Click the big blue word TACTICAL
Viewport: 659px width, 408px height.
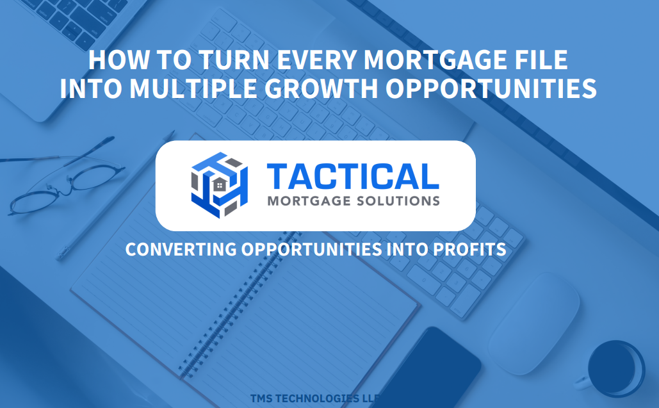[353, 177]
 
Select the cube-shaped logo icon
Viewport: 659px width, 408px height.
[220, 185]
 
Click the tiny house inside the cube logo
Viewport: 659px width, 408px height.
[219, 184]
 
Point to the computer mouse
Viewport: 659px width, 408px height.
[535, 322]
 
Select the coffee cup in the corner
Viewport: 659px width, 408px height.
[615, 369]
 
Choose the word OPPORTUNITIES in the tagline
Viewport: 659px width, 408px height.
[311, 249]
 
